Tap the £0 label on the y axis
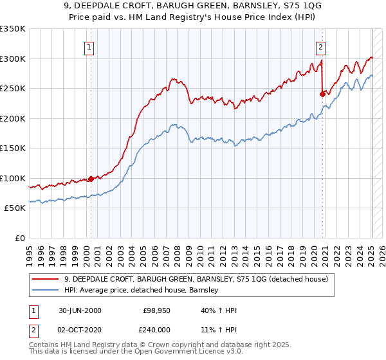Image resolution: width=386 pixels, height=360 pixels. (21, 238)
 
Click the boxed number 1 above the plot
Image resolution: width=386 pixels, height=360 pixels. (88, 46)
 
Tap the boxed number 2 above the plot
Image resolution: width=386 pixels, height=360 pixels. (320, 46)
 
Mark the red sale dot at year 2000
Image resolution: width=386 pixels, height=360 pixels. (91, 179)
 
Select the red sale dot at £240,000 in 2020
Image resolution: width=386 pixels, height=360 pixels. (322, 94)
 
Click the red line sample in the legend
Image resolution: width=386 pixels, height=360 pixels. (46, 279)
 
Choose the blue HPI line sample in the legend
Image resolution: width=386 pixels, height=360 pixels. (46, 290)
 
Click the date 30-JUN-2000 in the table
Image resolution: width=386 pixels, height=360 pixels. (80, 310)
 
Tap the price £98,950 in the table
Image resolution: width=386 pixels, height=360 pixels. (156, 310)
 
